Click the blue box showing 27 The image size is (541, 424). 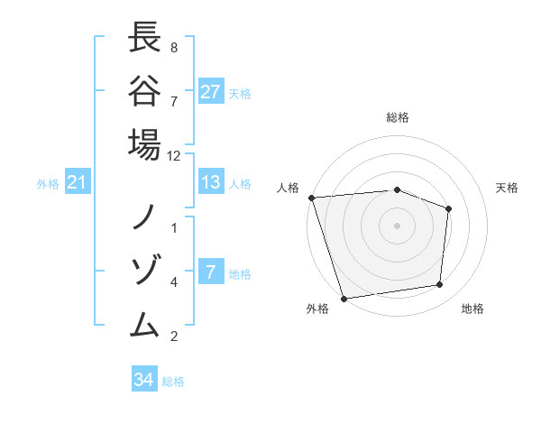coord(211,92)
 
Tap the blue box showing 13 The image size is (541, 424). coord(211,182)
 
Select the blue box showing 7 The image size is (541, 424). coord(211,272)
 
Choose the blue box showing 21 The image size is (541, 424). coord(78,183)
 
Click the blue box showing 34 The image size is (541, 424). coord(144,380)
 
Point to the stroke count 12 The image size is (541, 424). coord(174,156)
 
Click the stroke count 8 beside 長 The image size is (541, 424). coord(173,46)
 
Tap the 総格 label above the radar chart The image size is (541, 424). coord(398,117)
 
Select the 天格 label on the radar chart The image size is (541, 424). coord(507,188)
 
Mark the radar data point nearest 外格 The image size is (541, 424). coord(344,298)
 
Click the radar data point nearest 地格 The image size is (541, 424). coord(440,285)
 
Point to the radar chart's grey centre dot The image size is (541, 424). coord(397,225)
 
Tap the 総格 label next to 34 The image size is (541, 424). coord(173,381)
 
